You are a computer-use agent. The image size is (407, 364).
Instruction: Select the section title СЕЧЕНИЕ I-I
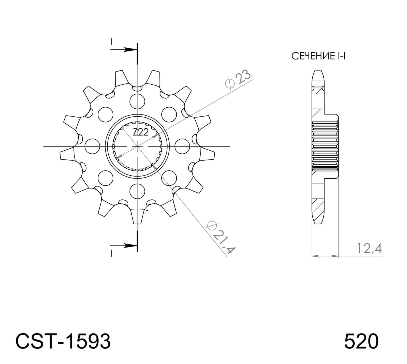tap(318, 56)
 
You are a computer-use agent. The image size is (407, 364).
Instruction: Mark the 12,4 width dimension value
tap(369, 248)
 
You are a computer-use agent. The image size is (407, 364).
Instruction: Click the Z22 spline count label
tap(141, 132)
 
